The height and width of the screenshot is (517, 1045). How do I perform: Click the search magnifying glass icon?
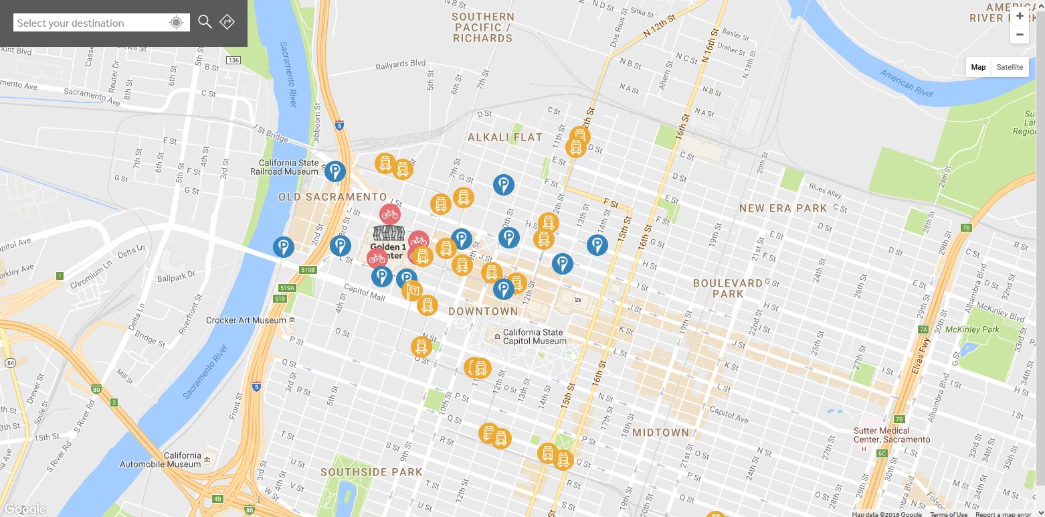coord(205,22)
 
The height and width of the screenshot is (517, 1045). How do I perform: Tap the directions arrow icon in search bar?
coord(227,22)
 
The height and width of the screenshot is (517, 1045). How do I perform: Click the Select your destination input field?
coord(90,23)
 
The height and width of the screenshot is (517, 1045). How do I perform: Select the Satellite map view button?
coord(1009,67)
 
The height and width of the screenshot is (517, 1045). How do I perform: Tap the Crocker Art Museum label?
coord(246,320)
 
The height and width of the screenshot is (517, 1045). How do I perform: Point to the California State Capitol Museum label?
coord(534,337)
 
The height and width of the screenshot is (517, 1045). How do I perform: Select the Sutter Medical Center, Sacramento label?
coord(891,435)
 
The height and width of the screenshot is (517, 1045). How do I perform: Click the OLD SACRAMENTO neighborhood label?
coord(332,197)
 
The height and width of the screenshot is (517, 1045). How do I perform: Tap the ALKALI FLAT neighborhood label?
coord(505,137)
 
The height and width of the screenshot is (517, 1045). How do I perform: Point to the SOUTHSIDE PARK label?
coord(371,472)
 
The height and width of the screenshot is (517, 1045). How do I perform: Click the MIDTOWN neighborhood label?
coord(660,433)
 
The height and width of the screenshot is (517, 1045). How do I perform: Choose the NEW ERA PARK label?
coord(783,208)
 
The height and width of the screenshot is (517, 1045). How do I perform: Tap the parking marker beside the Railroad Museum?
coord(335,171)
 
